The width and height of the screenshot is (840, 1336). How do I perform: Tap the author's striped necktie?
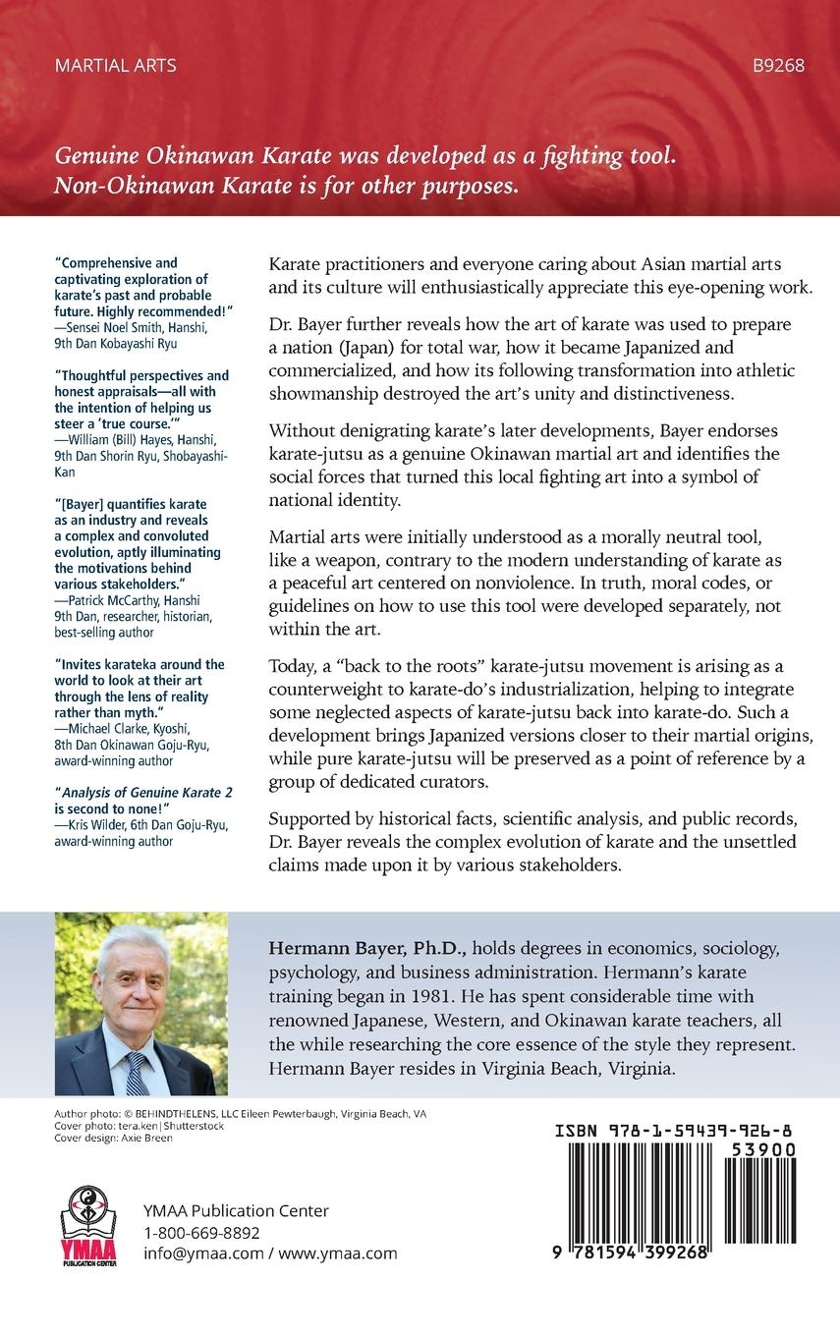[137, 1074]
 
